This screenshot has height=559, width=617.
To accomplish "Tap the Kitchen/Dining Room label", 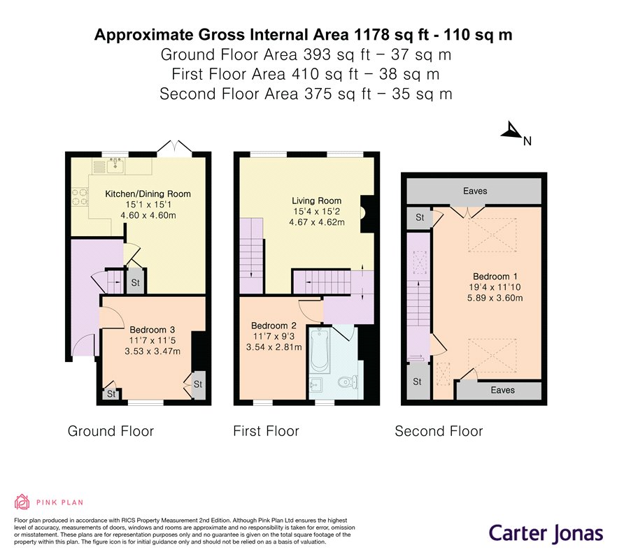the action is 148,194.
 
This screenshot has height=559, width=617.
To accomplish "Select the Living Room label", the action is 316,201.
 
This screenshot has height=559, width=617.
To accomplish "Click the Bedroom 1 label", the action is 495,276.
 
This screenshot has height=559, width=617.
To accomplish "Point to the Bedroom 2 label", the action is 274,326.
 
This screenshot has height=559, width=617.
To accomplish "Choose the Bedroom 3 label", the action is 153,330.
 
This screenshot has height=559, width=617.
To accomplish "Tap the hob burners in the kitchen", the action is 80,197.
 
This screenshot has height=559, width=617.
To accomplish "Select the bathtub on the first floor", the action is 320,351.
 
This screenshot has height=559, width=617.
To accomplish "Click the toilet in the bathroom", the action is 348,382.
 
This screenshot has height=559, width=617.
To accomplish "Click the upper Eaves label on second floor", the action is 475,191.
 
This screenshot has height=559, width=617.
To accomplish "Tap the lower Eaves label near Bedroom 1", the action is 502,390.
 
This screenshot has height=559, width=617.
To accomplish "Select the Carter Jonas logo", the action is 546,534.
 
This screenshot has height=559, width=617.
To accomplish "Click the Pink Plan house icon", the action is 22,502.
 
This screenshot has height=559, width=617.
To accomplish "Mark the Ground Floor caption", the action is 111,431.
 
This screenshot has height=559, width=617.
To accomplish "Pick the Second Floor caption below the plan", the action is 439,431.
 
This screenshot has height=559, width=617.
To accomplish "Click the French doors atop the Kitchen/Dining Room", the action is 175,146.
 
